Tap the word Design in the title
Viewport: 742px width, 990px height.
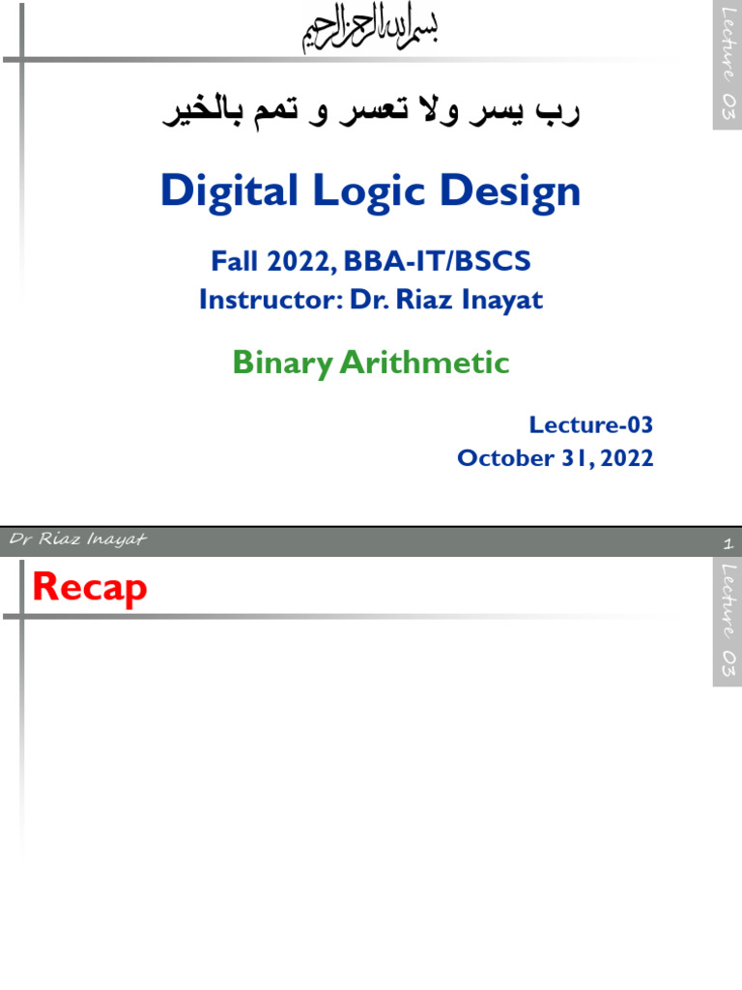coord(511,191)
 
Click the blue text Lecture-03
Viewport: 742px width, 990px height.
coord(591,424)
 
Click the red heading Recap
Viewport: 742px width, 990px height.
coord(90,587)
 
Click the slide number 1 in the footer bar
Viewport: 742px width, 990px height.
coord(728,544)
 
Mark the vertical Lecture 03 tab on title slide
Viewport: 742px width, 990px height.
coord(728,65)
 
